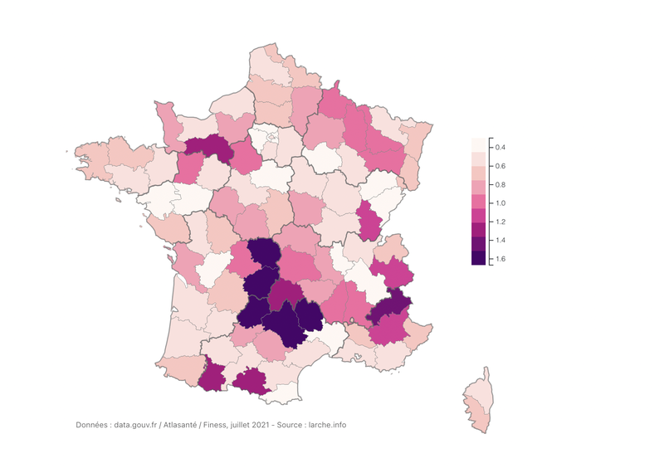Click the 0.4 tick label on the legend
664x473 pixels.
[500, 147]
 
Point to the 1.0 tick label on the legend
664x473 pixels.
[500, 203]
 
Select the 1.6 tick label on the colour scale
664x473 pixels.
[500, 259]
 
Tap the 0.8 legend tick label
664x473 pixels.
[500, 184]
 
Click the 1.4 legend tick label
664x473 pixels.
[500, 241]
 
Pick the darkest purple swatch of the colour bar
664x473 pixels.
[478, 258]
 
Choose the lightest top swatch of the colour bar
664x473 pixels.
[478, 144]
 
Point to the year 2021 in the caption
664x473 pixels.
[261, 425]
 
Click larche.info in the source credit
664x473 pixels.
[327, 425]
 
